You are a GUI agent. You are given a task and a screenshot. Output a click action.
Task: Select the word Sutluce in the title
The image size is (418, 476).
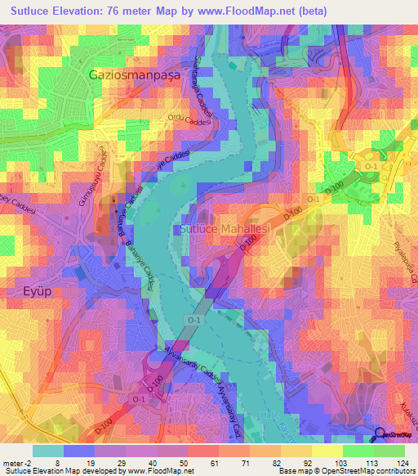coord(31,10)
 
